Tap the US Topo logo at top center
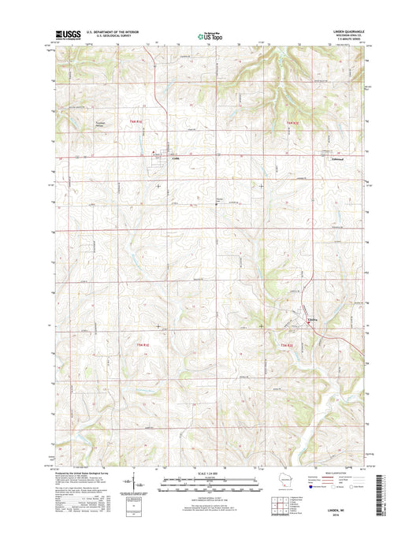click(x=210, y=34)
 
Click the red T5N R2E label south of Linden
click(x=284, y=345)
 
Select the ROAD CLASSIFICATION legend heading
click(x=344, y=472)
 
